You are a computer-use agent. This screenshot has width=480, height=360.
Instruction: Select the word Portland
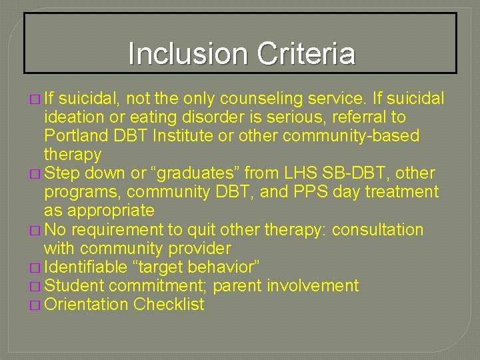74,136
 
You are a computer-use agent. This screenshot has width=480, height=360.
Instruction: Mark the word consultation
377,229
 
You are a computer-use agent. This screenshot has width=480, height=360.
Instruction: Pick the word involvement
313,286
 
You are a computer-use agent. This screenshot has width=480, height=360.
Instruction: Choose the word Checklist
169,305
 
